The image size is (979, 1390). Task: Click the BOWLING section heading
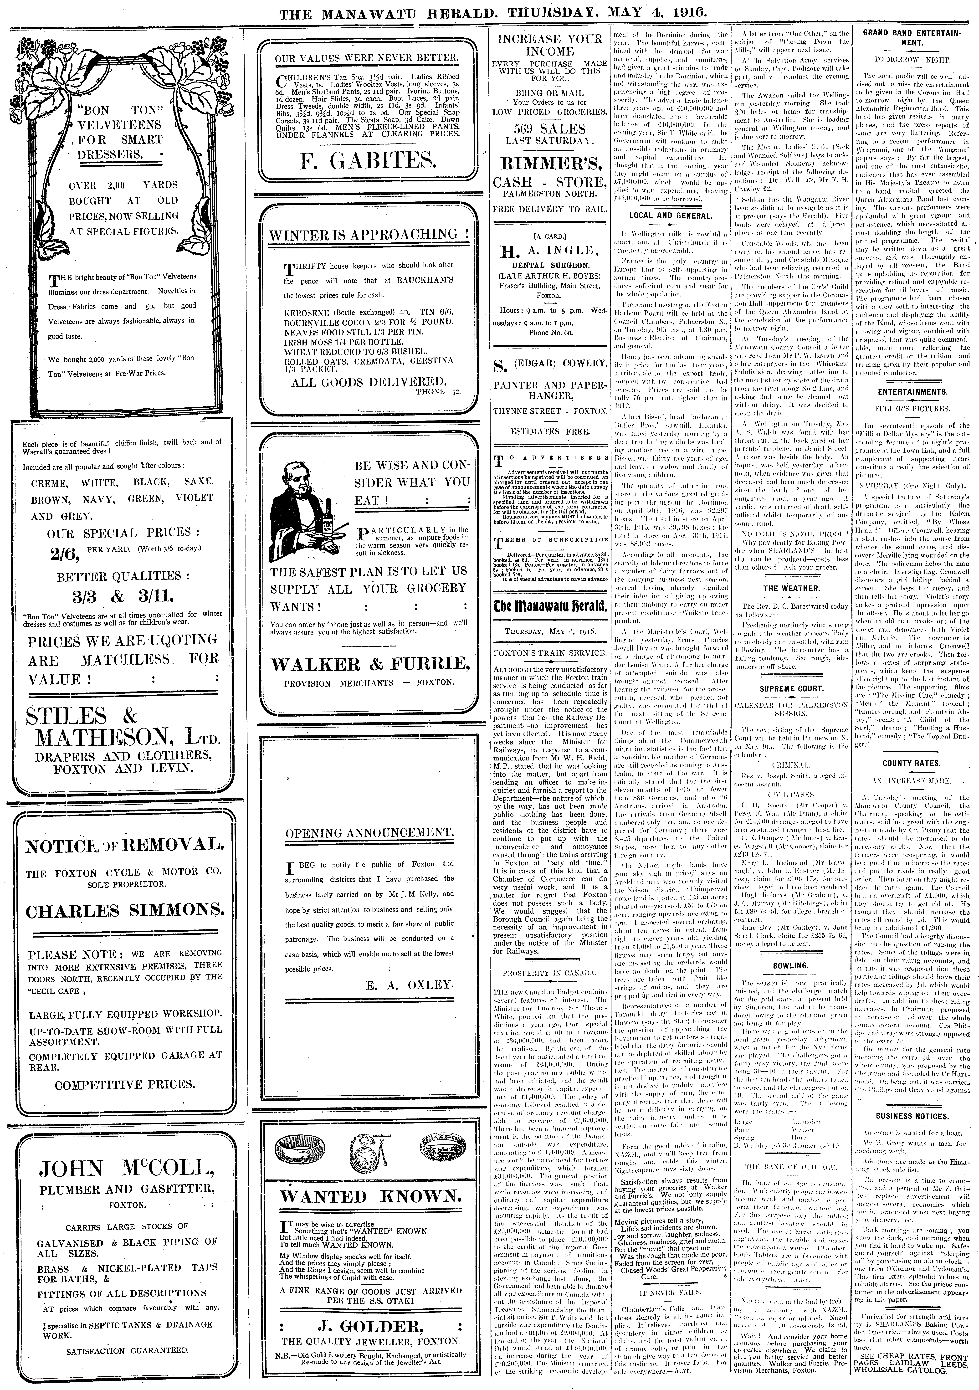[791, 966]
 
